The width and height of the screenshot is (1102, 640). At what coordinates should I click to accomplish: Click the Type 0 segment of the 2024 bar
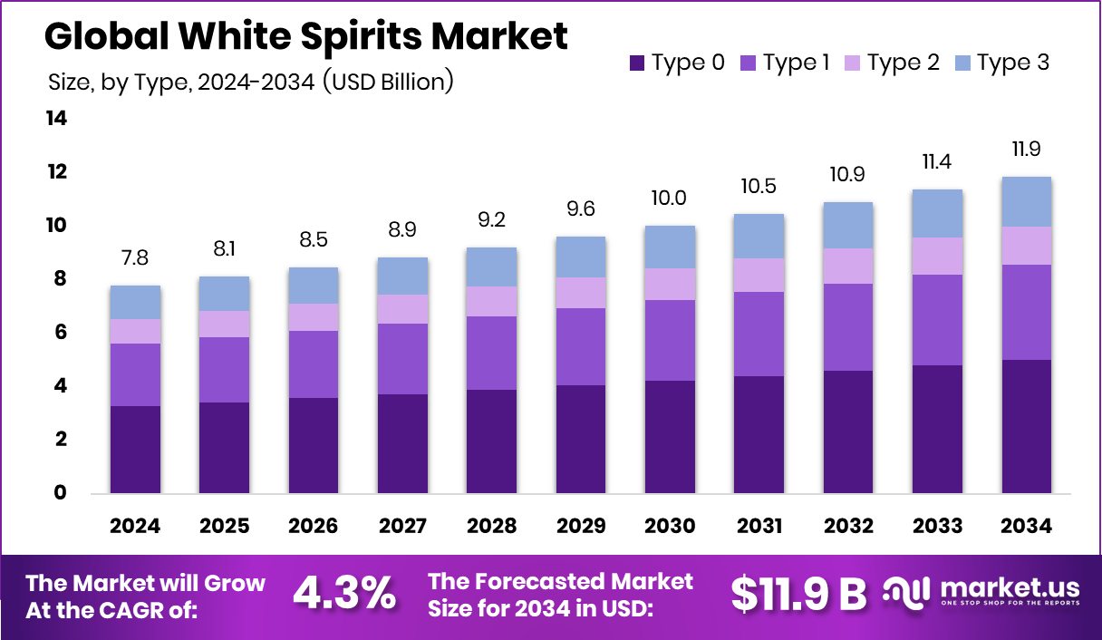coord(136,450)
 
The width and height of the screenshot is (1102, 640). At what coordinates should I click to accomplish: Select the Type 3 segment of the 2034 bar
coord(1027,201)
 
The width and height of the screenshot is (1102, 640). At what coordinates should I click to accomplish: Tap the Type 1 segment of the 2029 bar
coord(581,346)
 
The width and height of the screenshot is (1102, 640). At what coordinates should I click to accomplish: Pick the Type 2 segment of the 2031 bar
coord(759,275)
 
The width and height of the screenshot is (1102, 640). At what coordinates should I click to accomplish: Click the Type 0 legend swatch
coord(636,63)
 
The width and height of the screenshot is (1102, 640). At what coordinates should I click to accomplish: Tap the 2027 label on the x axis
coord(403,527)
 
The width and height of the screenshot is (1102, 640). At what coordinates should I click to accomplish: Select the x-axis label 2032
coord(848,527)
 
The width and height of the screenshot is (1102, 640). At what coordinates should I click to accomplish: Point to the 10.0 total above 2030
coord(670,199)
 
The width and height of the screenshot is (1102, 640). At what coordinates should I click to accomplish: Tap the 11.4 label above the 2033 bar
coord(937,162)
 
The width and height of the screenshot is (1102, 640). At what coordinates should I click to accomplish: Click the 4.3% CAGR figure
coord(344,594)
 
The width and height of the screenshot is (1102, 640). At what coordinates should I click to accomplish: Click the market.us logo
coord(984,594)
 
